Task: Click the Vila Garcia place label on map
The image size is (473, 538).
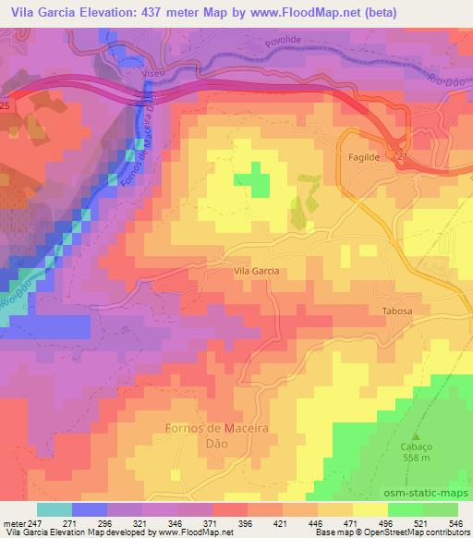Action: coord(256,271)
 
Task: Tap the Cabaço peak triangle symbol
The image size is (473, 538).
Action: coord(415,435)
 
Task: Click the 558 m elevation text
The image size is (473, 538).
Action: coord(415,457)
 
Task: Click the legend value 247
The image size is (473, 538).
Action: coord(34,523)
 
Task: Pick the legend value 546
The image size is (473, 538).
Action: coord(455,523)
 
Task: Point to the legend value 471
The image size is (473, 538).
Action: coord(349,523)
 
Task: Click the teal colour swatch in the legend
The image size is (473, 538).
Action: coord(55,509)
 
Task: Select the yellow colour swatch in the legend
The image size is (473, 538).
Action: coord(370,509)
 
